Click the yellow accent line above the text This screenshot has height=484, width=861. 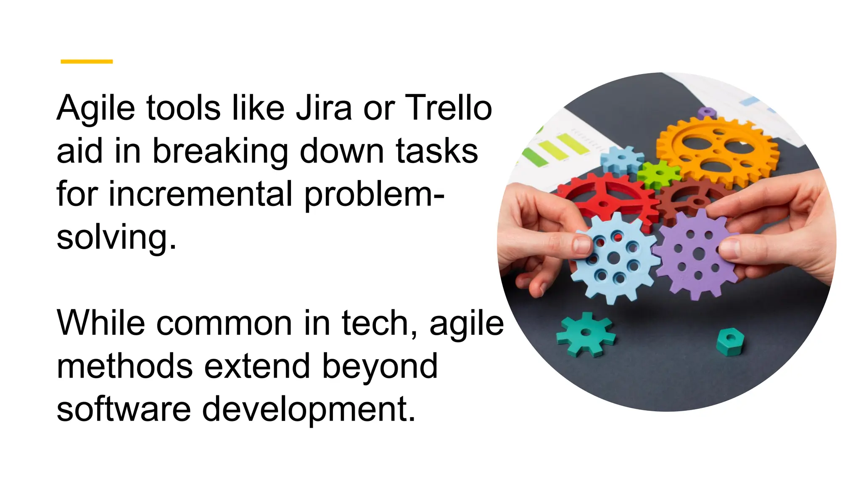[x=87, y=61]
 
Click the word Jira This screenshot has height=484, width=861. [x=323, y=108]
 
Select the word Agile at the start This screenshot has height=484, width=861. [x=96, y=108]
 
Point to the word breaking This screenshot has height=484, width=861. [x=220, y=151]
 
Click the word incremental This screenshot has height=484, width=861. [x=200, y=194]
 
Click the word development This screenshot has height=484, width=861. [x=309, y=410]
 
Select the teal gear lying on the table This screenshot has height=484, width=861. [x=586, y=334]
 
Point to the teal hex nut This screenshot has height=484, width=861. [x=730, y=341]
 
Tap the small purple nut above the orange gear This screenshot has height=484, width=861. [x=707, y=113]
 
